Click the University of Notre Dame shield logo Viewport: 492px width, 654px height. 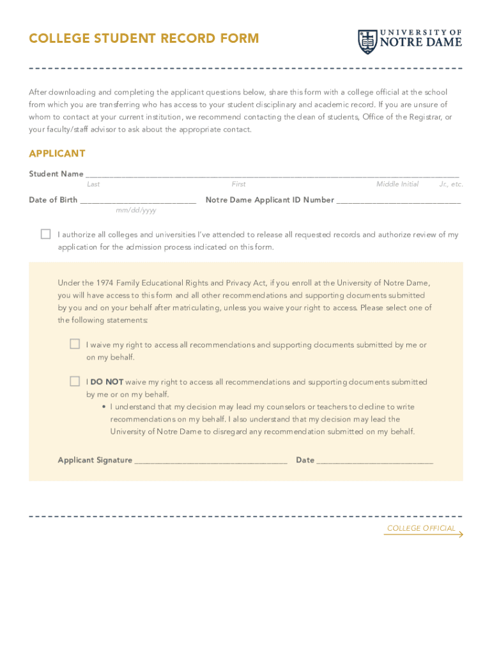(x=367, y=42)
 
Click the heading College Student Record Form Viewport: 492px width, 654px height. (x=144, y=38)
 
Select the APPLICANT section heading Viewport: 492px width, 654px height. (x=57, y=154)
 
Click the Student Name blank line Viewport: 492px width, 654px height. (x=272, y=174)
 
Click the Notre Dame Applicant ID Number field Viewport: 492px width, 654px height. (x=398, y=201)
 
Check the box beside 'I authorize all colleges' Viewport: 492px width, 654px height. (x=45, y=234)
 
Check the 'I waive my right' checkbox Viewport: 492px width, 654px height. (x=75, y=344)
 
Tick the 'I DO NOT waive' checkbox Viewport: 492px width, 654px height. (x=75, y=381)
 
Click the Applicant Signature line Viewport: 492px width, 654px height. (x=211, y=460)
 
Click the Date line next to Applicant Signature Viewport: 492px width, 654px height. (x=374, y=460)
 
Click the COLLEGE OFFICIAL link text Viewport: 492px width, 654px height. (x=421, y=528)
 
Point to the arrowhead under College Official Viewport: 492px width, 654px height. (x=460, y=534)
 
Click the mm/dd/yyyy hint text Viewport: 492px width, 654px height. (x=135, y=210)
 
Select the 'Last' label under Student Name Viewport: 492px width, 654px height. (x=93, y=184)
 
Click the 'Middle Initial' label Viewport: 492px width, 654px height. (x=397, y=184)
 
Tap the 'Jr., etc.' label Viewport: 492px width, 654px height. (x=450, y=184)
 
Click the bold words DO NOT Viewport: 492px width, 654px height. (x=107, y=382)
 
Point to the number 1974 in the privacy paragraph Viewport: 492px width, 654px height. (x=105, y=283)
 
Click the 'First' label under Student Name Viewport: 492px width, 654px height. (x=238, y=184)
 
